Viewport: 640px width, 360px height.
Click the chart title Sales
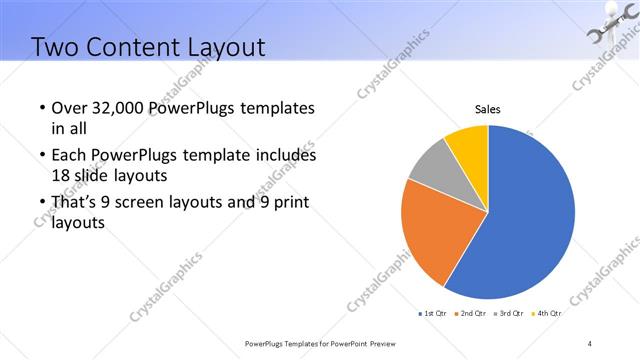[x=487, y=109]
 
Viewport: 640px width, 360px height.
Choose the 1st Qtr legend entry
[x=433, y=314]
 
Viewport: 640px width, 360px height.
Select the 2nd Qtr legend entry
[x=471, y=314]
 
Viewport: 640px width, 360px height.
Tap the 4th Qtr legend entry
[x=548, y=314]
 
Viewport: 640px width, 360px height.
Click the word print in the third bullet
[x=289, y=203]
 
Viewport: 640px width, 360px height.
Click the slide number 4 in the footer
[x=590, y=344]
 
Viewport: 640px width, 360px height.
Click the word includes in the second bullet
[x=285, y=156]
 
